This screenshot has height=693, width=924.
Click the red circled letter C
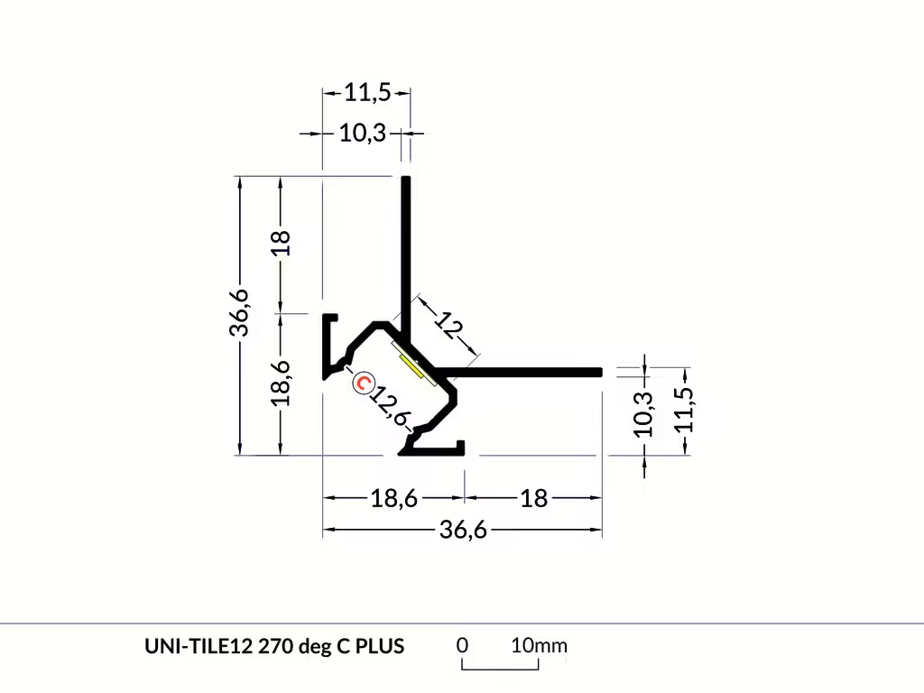pos(363,383)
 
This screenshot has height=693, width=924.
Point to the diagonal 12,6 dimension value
pos(390,405)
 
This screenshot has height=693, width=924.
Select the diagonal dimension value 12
pos(449,326)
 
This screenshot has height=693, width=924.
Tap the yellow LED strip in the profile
pos(411,366)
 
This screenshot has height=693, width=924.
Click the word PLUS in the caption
pos(380,646)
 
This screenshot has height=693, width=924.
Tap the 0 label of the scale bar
pos(463,645)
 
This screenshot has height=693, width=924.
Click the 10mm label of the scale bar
pos(539,645)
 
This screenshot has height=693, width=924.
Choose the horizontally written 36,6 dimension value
pos(463,531)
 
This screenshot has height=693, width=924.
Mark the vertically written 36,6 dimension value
pos(240,313)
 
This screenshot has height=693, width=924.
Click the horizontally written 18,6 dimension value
pos(393,498)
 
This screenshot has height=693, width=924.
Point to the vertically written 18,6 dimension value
pos(282,383)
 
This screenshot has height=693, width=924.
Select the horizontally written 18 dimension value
pos(534,498)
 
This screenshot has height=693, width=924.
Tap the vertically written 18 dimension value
pos(282,243)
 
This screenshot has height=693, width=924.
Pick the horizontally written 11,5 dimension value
pos(368,93)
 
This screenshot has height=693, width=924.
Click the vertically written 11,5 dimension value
pos(684,411)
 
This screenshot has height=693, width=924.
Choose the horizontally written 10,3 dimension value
pos(363,134)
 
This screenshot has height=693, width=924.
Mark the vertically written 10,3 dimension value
pos(644,415)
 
